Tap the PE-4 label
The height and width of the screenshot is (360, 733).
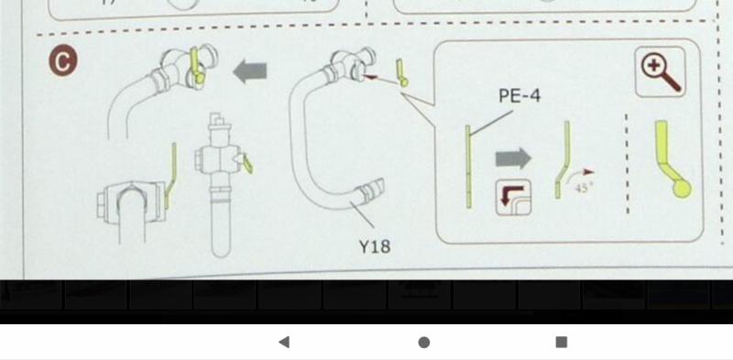click(x=520, y=96)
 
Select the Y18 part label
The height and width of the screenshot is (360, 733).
click(x=375, y=245)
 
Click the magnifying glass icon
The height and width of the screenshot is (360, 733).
click(x=660, y=72)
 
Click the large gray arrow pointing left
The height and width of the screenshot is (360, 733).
click(x=250, y=72)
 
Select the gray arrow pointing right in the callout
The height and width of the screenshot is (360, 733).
click(x=513, y=158)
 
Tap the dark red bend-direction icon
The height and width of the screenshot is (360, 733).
click(x=513, y=197)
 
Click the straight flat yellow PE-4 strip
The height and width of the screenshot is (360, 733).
click(x=468, y=166)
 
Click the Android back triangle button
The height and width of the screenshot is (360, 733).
click(x=284, y=343)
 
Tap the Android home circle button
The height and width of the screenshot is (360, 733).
click(x=424, y=343)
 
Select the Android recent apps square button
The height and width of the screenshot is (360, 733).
click(x=562, y=343)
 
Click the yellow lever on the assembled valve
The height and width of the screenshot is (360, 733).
click(x=195, y=65)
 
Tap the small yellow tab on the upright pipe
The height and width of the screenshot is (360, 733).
click(x=247, y=163)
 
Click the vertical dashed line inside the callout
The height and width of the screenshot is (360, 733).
click(x=627, y=164)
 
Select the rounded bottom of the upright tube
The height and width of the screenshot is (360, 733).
click(x=221, y=251)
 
